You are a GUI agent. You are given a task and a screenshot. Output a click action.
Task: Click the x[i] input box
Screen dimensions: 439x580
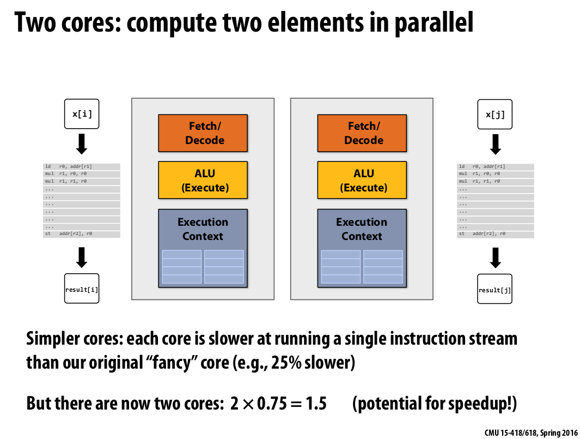click(x=82, y=114)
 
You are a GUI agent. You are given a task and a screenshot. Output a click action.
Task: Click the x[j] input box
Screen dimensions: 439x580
click(x=495, y=114)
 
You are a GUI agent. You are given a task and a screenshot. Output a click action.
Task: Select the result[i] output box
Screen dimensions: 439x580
click(x=82, y=289)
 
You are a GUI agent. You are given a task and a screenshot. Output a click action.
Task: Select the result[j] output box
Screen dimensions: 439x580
click(x=495, y=289)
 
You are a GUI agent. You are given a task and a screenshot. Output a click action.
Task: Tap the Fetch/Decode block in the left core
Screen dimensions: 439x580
click(x=203, y=133)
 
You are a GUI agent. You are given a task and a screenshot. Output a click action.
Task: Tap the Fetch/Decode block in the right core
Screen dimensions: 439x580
click(x=362, y=133)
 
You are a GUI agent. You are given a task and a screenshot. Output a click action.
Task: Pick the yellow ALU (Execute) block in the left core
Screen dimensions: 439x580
click(x=203, y=180)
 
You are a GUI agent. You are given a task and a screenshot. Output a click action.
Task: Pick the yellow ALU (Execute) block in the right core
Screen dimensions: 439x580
click(x=362, y=180)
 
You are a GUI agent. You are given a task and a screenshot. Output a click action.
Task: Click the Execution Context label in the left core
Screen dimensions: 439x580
click(x=203, y=229)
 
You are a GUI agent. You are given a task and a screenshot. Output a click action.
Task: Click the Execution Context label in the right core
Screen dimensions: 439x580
click(x=362, y=229)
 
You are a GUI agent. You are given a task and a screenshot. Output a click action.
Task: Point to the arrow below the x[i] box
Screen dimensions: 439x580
click(x=82, y=144)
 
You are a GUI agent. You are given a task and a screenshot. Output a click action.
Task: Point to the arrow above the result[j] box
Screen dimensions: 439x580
click(x=495, y=257)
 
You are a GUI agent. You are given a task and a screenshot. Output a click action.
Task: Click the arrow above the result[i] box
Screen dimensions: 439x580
click(x=82, y=257)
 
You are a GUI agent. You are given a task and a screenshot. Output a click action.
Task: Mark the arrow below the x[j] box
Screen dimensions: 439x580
click(x=495, y=144)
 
